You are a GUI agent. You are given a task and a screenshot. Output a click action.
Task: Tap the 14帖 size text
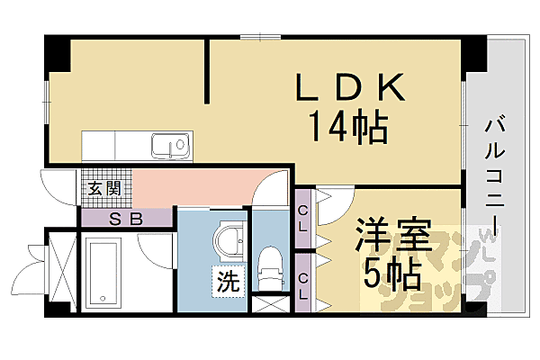pyautogui.click(x=349, y=129)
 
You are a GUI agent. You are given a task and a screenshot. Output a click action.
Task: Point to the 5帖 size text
pyautogui.click(x=391, y=273)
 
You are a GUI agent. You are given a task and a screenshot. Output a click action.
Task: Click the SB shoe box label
pyautogui.click(x=125, y=217)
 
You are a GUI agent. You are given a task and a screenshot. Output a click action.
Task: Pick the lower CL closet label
pyautogui.click(x=303, y=283)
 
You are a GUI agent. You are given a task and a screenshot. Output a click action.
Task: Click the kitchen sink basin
pyautogui.click(x=169, y=144)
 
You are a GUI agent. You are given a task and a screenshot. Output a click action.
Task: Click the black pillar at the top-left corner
pyautogui.click(x=58, y=54)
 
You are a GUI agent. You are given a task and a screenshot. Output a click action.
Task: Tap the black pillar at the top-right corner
pyautogui.click(x=474, y=58)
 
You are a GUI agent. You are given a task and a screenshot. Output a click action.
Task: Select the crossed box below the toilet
pyautogui.click(x=269, y=302)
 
